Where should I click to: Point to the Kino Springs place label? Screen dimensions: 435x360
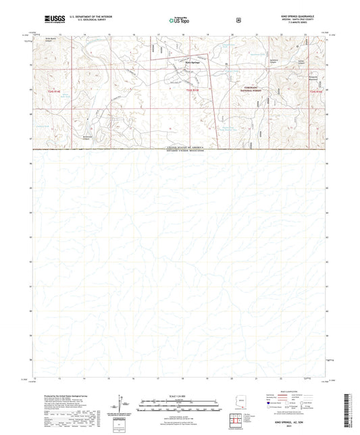click(192, 63)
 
